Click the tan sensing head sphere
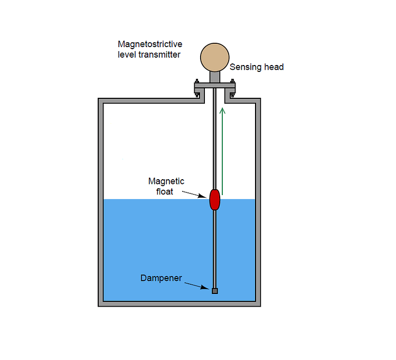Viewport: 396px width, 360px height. click(214, 58)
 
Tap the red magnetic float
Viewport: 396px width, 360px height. click(214, 199)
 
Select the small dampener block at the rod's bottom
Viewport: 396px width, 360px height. click(214, 291)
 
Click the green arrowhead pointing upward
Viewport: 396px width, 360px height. click(222, 110)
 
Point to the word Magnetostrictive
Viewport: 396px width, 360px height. click(150, 45)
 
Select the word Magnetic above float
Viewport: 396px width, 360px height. click(166, 181)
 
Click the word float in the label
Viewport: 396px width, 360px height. click(165, 191)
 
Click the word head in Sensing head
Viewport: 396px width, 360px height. click(274, 67)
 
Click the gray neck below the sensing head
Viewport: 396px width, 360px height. click(214, 77)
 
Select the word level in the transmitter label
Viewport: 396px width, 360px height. click(127, 54)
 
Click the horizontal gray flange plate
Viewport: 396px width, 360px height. click(214, 86)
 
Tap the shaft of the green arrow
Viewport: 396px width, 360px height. click(222, 153)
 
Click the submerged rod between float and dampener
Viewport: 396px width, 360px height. click(214, 248)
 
